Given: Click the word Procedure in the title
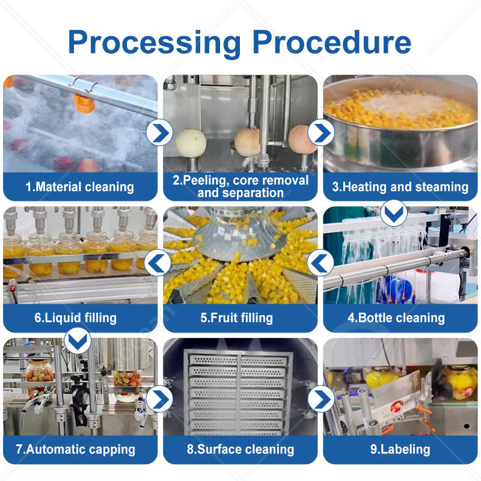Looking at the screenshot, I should [331, 43].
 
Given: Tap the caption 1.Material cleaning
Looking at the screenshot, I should [79, 187].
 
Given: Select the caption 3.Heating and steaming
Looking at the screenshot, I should [400, 187].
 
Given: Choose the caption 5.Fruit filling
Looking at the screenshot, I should [240, 318].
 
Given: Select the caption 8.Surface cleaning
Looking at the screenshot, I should [240, 449].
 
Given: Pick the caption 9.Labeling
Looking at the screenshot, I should [400, 449].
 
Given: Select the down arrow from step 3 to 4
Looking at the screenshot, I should [395, 212].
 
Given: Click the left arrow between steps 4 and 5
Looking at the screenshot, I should [320, 263].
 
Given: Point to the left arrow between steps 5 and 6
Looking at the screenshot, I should [159, 263].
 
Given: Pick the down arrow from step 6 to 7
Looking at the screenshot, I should [77, 341].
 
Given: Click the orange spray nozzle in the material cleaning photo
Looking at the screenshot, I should [84, 102].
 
